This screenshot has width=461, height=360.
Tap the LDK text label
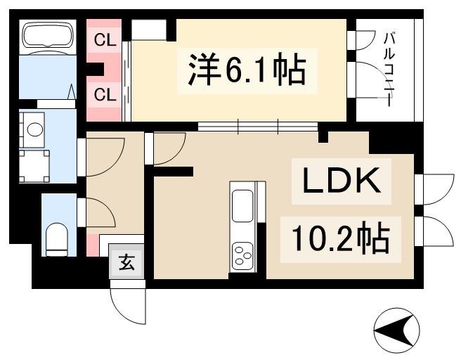tap(342, 182)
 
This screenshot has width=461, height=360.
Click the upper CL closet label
tap(105, 40)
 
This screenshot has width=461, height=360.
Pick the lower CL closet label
tap(105, 94)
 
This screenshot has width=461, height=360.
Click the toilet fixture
tap(56, 239)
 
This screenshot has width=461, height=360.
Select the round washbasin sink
tap(32, 129)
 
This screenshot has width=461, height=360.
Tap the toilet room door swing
tap(98, 212)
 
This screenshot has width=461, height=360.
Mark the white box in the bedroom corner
tap(148, 30)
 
